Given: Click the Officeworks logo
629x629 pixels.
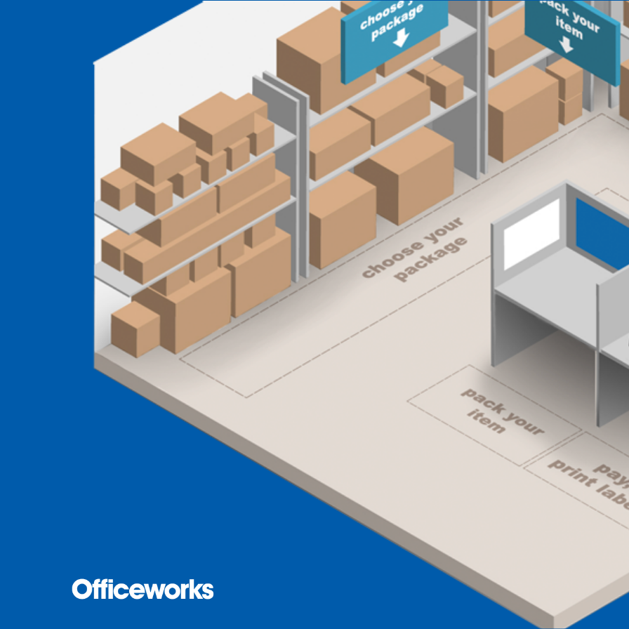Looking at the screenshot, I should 143,589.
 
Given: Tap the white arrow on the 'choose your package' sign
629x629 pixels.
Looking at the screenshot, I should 399,39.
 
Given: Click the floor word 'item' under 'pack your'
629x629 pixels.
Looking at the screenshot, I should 485,423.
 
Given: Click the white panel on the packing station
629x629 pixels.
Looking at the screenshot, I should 531,234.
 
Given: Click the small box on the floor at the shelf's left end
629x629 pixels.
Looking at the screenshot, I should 135,329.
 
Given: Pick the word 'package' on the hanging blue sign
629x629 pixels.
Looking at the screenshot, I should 397,20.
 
